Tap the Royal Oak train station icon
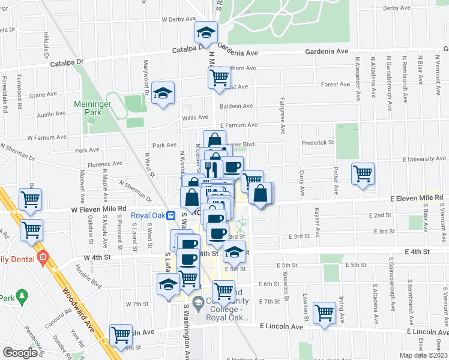[x=170, y=215]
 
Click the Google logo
[x=20, y=353]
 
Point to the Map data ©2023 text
[x=423, y=355]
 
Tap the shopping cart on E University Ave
[x=363, y=174]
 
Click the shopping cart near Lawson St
[x=324, y=312]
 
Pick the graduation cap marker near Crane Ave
[x=162, y=93]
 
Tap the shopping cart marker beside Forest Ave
[x=219, y=77]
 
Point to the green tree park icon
[x=23, y=296]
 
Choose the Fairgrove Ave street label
[x=282, y=115]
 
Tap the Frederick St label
[x=318, y=143]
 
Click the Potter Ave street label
[x=332, y=172]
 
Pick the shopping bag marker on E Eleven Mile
[x=261, y=194]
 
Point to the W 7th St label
[x=137, y=304]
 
